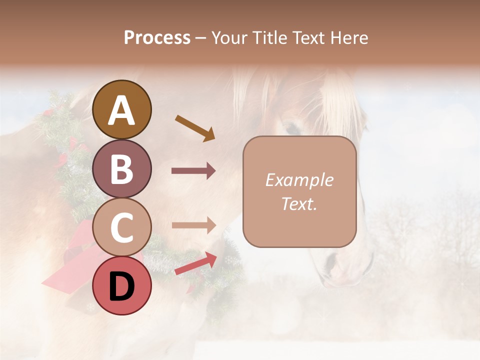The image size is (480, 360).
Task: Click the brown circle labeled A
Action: pos(122,109)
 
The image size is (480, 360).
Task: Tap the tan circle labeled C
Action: pos(122,227)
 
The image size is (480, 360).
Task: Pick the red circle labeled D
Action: pos(122,286)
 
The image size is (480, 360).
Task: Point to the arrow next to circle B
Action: pos(193,171)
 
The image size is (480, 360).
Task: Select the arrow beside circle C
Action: pos(193,225)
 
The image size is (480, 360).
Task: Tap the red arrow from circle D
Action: pos(195,263)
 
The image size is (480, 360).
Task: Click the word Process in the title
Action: pos(157,37)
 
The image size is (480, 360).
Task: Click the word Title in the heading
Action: pos(268,37)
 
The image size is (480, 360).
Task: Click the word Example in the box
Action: pos(299,180)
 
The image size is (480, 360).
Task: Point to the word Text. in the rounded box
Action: pos(299,204)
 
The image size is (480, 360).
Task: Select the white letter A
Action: pos(122,110)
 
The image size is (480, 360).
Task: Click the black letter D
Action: pos(122,286)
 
